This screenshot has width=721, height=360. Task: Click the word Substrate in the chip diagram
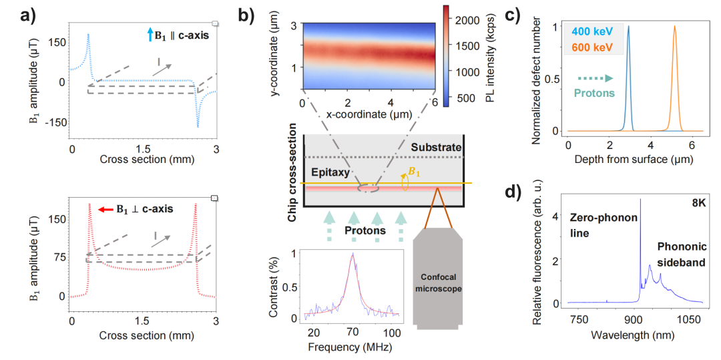(x=436, y=148)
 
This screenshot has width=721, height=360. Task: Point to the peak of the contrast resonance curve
(x=352, y=254)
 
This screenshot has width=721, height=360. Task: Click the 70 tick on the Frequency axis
(x=352, y=332)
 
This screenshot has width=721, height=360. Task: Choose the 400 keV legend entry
(x=596, y=33)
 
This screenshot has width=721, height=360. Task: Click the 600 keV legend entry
(x=596, y=48)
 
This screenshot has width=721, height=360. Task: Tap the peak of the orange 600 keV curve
(x=674, y=26)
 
